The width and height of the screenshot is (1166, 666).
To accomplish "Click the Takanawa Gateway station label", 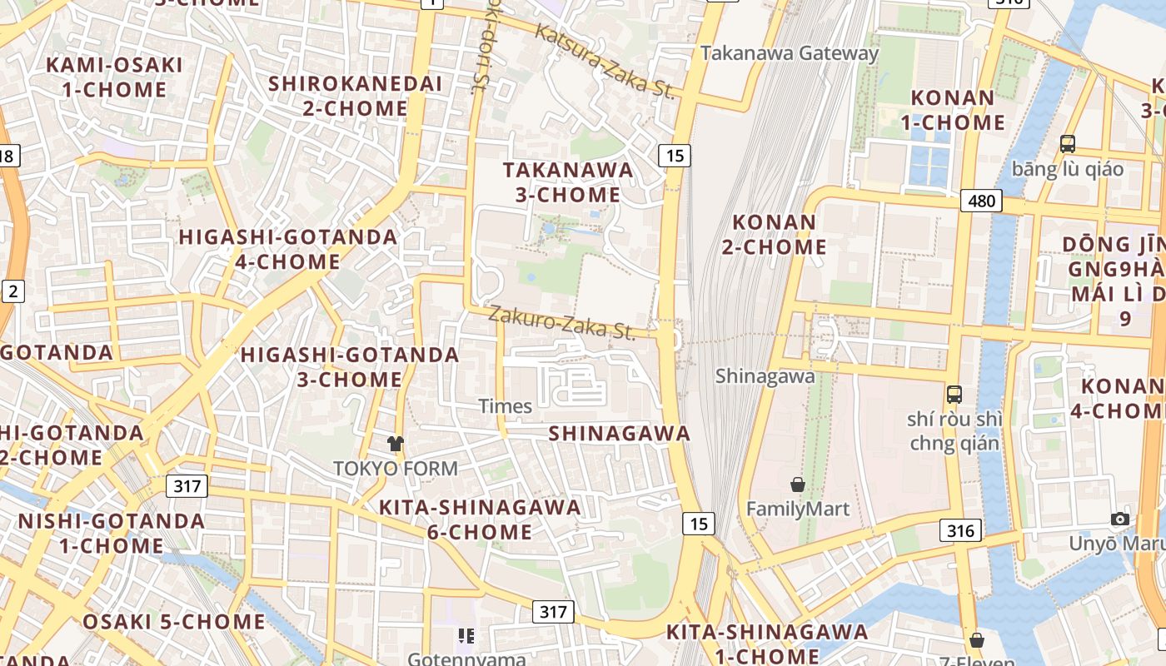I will click(x=790, y=53).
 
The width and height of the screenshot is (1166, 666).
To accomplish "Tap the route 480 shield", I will click(x=980, y=201).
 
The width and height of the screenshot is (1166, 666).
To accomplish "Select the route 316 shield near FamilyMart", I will click(x=960, y=529).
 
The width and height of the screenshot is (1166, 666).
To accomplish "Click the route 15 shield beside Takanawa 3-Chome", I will click(x=675, y=155).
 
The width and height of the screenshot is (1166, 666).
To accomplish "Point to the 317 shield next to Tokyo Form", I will click(x=187, y=485).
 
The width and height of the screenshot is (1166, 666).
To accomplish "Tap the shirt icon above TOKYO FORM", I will click(x=396, y=444).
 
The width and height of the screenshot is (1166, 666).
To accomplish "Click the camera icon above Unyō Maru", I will click(x=1120, y=519).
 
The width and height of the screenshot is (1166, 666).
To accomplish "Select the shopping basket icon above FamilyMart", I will click(x=798, y=484).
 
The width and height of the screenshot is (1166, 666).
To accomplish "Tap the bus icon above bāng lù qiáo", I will click(x=1068, y=143).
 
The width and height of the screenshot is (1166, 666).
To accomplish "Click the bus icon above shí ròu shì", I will click(x=954, y=394).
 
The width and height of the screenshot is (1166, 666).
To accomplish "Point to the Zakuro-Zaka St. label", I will click(x=561, y=322).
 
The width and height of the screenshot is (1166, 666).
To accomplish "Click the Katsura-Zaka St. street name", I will click(x=604, y=61).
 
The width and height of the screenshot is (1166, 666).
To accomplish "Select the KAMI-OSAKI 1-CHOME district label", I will click(x=114, y=77).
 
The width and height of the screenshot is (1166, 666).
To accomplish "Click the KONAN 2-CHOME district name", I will click(x=780, y=235).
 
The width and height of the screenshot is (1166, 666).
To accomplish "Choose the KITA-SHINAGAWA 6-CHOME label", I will click(x=480, y=519).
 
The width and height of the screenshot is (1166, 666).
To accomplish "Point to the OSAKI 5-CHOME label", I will click(x=174, y=622).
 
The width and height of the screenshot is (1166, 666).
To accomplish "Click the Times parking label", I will click(x=506, y=406).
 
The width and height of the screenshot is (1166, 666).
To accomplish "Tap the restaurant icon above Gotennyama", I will click(x=466, y=637).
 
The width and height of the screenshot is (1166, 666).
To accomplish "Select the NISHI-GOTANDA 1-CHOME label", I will click(x=112, y=534).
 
